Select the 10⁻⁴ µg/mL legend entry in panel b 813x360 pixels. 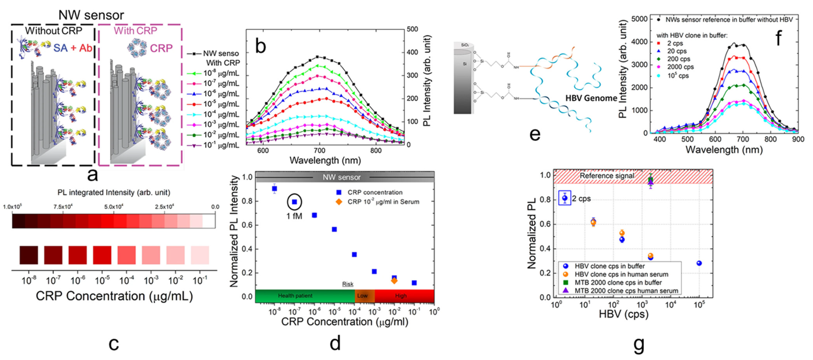[x=221, y=114]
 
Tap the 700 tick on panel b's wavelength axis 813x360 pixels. [x=319, y=151]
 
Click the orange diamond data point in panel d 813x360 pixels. [x=394, y=280]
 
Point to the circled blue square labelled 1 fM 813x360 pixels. [x=294, y=202]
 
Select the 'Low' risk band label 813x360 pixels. [x=362, y=296]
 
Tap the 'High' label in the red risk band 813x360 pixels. [x=401, y=296]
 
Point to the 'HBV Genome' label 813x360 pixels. [x=591, y=98]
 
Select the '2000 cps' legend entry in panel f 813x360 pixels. [x=680, y=67]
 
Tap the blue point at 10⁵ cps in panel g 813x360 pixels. [x=699, y=263]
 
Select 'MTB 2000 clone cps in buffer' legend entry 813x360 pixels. [x=618, y=282]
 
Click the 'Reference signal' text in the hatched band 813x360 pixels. [x=607, y=176]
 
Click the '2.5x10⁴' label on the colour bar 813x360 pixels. [x=164, y=207]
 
